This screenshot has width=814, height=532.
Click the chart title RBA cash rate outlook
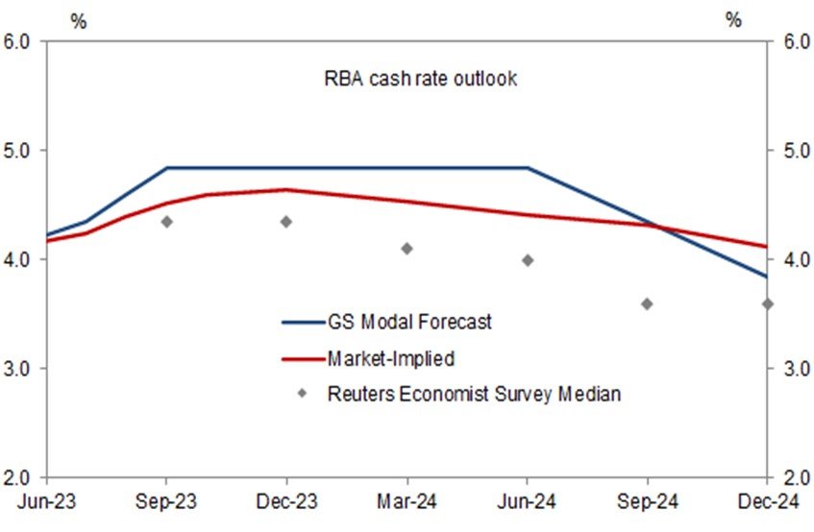click(x=420, y=79)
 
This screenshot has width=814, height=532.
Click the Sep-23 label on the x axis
click(x=166, y=501)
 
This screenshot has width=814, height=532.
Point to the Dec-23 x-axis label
click(x=286, y=501)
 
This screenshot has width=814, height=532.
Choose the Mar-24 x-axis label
click(x=407, y=501)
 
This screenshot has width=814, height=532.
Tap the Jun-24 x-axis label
click(x=528, y=501)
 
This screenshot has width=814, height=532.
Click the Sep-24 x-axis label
click(x=647, y=501)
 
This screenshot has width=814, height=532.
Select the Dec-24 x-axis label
click(x=766, y=501)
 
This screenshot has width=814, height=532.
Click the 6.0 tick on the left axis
click(x=20, y=41)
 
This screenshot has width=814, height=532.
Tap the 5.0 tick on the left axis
click(x=20, y=151)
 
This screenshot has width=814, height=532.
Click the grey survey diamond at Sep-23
click(x=166, y=222)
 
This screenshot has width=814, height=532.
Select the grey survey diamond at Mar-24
click(x=407, y=249)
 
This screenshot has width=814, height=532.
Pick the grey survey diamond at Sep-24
click(x=647, y=303)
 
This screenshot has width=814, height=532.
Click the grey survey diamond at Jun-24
click(x=528, y=260)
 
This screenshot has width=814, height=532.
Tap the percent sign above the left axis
click(x=78, y=21)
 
